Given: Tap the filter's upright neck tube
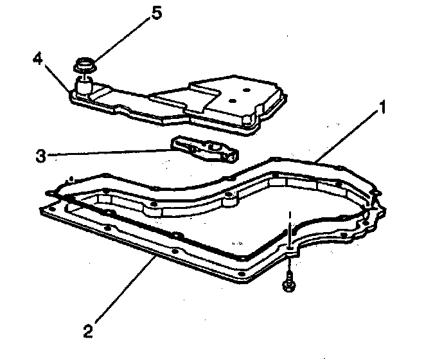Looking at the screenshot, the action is (x=83, y=84).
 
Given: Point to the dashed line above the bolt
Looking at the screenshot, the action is (x=290, y=225).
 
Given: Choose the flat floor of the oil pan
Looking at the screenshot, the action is (x=193, y=238).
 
